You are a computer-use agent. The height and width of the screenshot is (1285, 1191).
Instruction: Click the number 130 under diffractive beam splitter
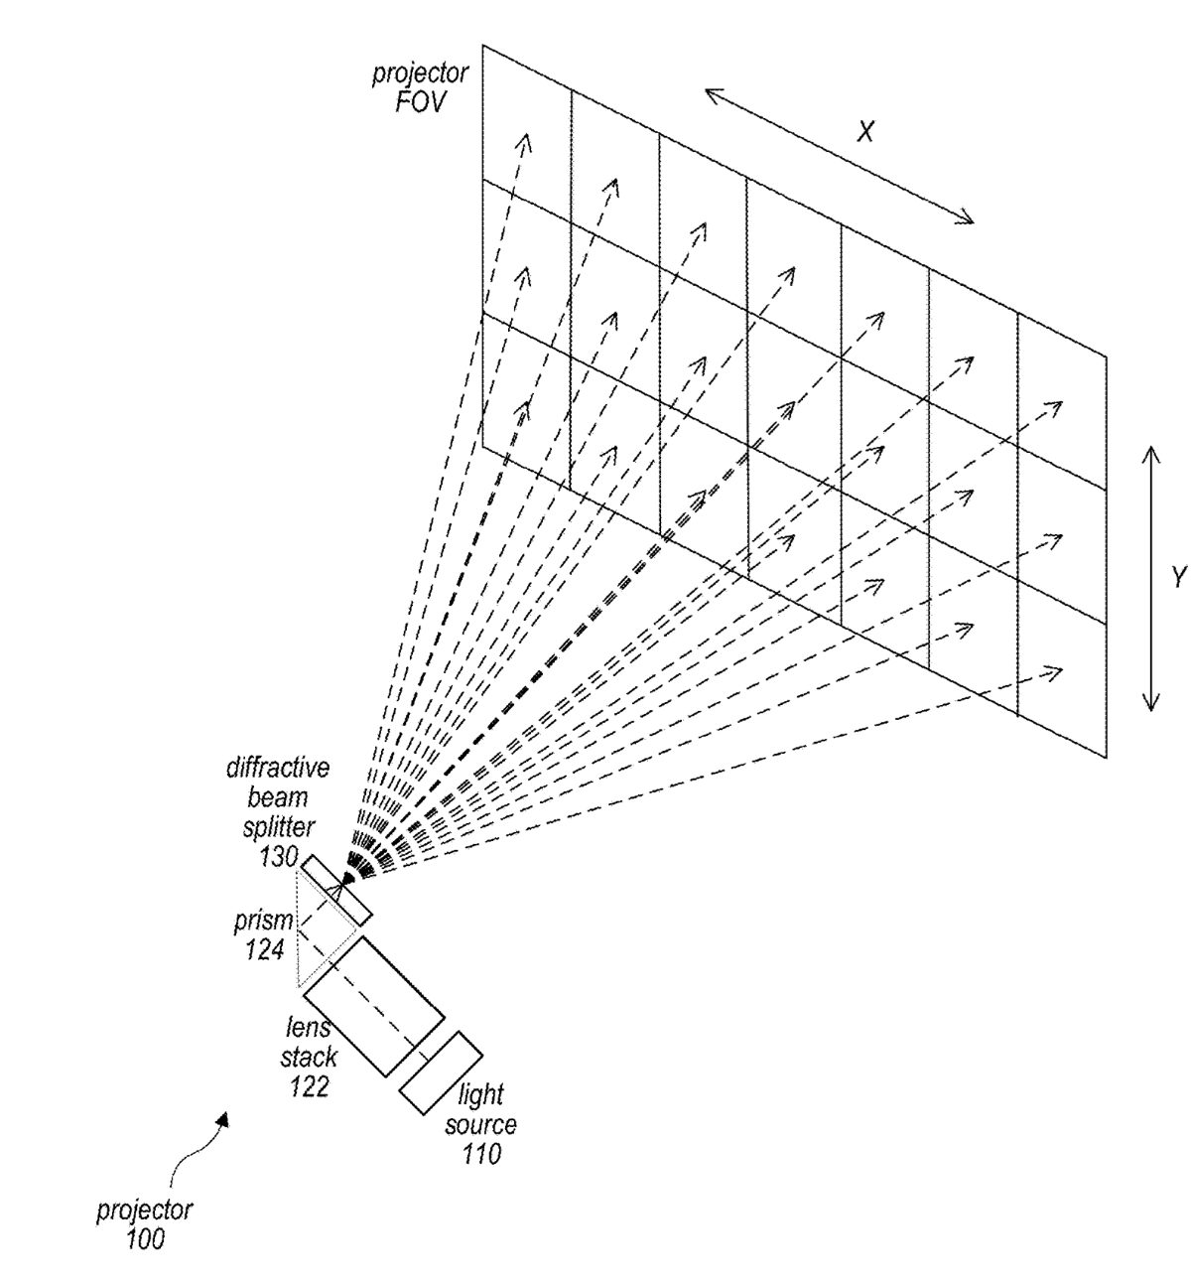click(x=279, y=856)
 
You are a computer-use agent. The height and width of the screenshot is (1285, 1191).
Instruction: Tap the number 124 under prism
click(x=264, y=949)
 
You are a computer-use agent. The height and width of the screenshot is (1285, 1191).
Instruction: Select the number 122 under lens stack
click(x=309, y=1086)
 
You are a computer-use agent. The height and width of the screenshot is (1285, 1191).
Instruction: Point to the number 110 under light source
click(x=480, y=1154)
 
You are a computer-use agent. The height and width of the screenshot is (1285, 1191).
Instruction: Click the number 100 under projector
click(x=145, y=1239)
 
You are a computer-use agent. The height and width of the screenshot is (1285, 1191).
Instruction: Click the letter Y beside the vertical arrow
click(x=1178, y=577)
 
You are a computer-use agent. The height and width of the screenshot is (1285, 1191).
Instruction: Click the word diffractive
click(x=278, y=768)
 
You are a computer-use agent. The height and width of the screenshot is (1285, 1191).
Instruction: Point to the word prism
click(x=264, y=921)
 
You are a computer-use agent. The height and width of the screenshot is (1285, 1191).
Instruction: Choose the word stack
click(x=309, y=1058)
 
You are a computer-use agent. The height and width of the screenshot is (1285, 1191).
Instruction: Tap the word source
click(x=480, y=1125)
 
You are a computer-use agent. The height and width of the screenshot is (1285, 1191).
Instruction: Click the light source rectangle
click(x=441, y=1073)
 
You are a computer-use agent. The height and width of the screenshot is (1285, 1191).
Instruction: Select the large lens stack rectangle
click(x=374, y=1005)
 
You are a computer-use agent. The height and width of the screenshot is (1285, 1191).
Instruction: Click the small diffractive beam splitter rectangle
click(x=336, y=890)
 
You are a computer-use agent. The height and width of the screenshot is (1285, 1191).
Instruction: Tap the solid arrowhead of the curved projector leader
click(x=225, y=1119)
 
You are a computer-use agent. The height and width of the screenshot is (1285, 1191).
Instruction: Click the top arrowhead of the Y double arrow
click(x=1150, y=452)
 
